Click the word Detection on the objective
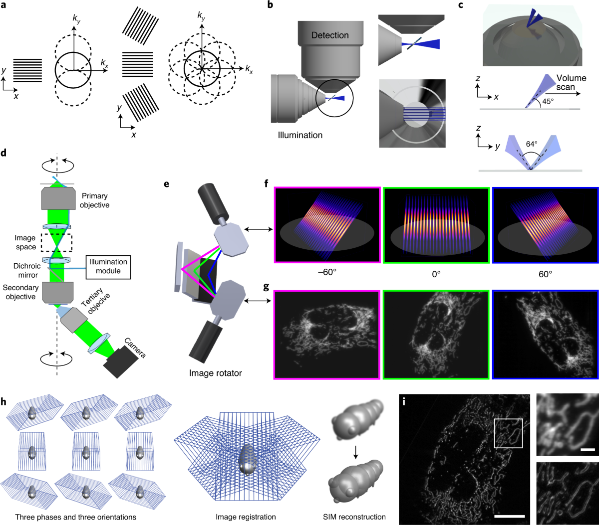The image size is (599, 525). coord(330,35)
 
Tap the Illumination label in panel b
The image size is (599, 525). coord(300,135)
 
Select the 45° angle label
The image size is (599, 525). coord(548,101)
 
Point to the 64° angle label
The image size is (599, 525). coord(531,144)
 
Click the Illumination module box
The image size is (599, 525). coord(108,267)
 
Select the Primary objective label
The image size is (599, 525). coord(95,200)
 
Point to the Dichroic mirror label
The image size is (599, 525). coord(27,270)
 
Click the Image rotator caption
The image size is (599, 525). coord(215,373)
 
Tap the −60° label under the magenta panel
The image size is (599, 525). coord(327,272)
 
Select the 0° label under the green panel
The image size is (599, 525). coord(436,274)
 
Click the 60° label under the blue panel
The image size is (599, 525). coord(545,274)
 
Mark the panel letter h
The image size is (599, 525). coord(3,402)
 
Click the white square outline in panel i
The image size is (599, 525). coord(508,419)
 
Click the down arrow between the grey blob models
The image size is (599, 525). coord(356,451)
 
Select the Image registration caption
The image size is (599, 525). coord(246,517)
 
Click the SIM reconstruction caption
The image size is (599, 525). coord(354,517)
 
